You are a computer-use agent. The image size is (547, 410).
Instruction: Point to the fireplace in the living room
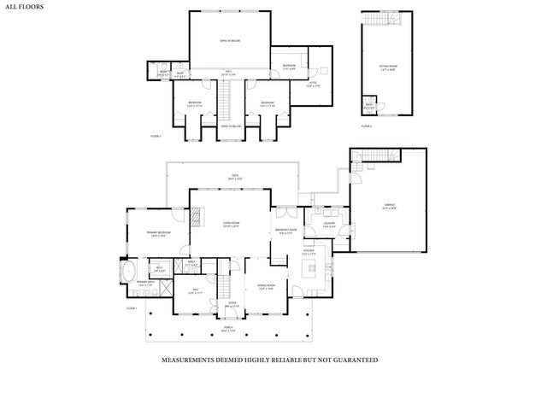(197, 217)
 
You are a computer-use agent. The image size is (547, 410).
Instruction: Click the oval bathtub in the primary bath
(129, 274)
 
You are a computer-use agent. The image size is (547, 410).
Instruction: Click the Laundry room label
(328, 225)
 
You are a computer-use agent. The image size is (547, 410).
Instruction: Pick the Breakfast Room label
(285, 231)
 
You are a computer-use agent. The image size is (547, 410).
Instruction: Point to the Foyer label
(232, 306)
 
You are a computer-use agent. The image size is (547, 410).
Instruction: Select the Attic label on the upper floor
(313, 85)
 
